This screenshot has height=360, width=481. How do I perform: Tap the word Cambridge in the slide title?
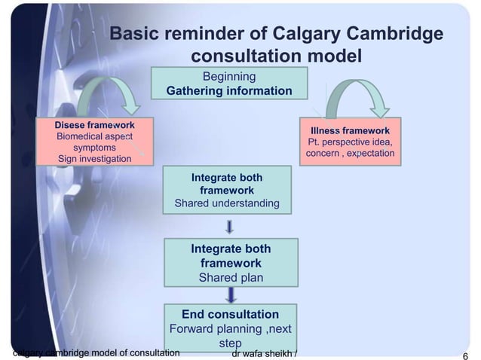pyautogui.click(x=393, y=35)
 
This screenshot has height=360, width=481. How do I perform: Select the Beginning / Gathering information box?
pyautogui.click(x=229, y=84)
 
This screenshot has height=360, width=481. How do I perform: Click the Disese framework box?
pyautogui.click(x=94, y=141)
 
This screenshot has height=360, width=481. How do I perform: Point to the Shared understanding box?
pyautogui.click(x=227, y=191)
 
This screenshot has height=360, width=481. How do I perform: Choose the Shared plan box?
pyautogui.click(x=231, y=264)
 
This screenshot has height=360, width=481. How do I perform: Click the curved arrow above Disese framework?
pyautogui.click(x=106, y=94)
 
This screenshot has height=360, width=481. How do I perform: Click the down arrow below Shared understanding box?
pyautogui.click(x=229, y=225)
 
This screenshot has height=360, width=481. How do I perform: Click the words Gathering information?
pyautogui.click(x=229, y=91)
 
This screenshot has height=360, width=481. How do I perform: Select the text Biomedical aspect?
pyautogui.click(x=94, y=136)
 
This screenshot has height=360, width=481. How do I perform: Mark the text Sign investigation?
pyautogui.click(x=94, y=159)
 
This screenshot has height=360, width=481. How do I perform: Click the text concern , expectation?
pyautogui.click(x=350, y=154)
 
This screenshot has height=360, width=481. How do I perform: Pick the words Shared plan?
pyautogui.click(x=231, y=277)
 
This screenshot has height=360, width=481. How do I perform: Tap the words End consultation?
pyautogui.click(x=231, y=314)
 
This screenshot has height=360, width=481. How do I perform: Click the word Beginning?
pyautogui.click(x=229, y=76)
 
